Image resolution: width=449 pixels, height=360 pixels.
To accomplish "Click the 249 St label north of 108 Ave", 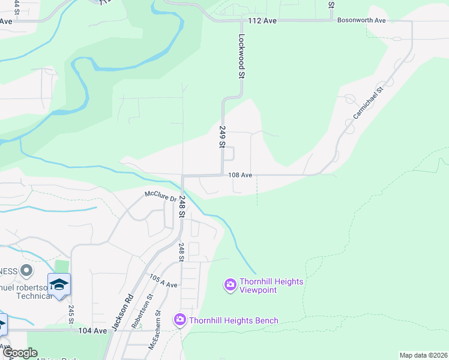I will [222, 137].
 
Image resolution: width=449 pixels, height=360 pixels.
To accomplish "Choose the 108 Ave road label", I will [240, 175].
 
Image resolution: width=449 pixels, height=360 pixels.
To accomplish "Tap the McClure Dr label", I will [159, 195].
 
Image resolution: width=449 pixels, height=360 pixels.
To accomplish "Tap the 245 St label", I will [70, 315].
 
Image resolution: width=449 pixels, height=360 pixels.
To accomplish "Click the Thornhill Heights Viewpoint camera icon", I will [230, 285].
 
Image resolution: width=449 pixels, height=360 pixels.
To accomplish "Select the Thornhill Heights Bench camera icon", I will [179, 320].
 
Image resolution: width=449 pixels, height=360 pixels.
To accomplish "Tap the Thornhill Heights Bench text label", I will [234, 320].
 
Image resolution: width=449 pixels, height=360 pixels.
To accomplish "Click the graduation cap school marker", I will [59, 284].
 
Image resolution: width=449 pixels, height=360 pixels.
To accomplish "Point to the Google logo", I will [20, 353].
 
